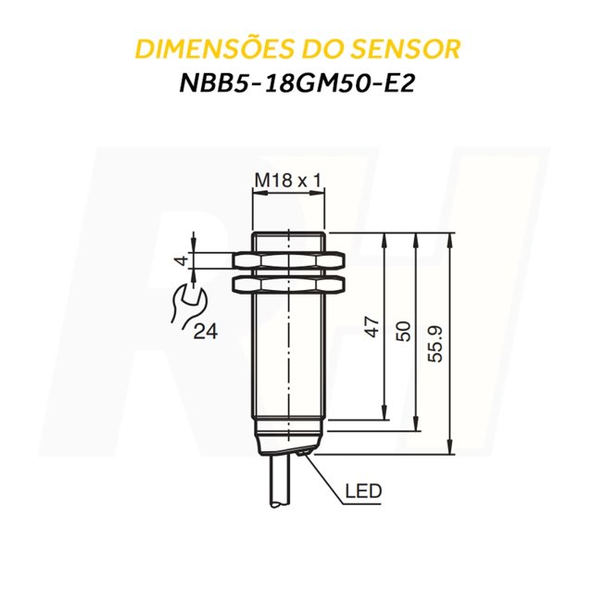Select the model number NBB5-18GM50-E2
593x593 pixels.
[296, 85]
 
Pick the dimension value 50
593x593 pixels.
[404, 331]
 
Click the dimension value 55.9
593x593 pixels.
[436, 343]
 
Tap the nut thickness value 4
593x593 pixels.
[182, 261]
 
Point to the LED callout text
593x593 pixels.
[363, 490]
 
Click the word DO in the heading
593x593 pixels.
[323, 49]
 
